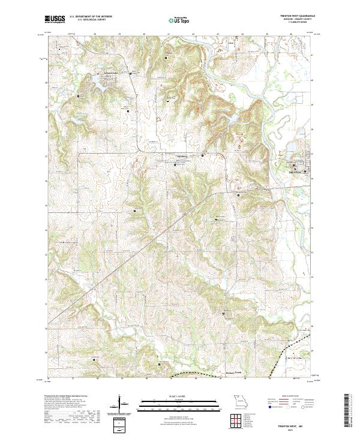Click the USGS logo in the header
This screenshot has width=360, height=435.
[x=55, y=19]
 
